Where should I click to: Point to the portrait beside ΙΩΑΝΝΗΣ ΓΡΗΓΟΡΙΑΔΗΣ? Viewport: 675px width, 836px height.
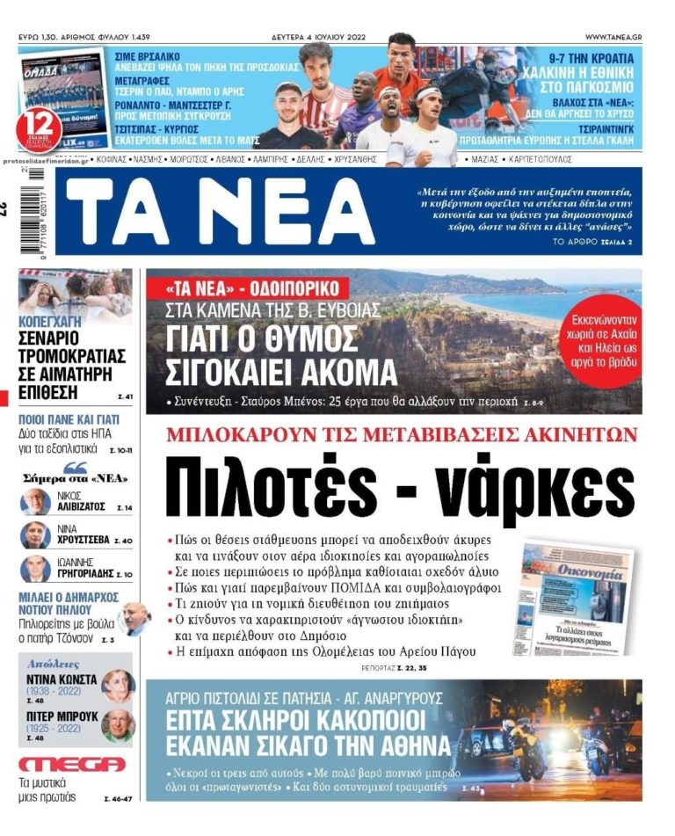(35, 568)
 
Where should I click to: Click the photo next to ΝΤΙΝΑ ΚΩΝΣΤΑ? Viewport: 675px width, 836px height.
(117, 686)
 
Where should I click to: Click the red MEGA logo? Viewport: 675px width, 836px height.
(71, 764)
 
